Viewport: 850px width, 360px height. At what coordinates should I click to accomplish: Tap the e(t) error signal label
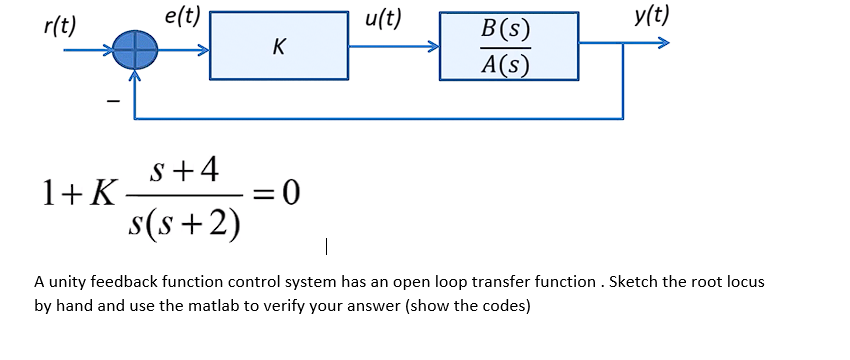pos(182,17)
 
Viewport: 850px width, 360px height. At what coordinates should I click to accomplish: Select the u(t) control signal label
pos(383,17)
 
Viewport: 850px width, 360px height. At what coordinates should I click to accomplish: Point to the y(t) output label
pos(652,17)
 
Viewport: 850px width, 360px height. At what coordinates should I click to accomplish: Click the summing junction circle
pos(133,47)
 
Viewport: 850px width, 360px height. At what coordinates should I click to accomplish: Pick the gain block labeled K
pos(279,46)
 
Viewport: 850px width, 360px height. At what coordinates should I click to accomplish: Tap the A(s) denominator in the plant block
pos(505,64)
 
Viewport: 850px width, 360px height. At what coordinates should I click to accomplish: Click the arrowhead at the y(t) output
pos(659,44)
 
